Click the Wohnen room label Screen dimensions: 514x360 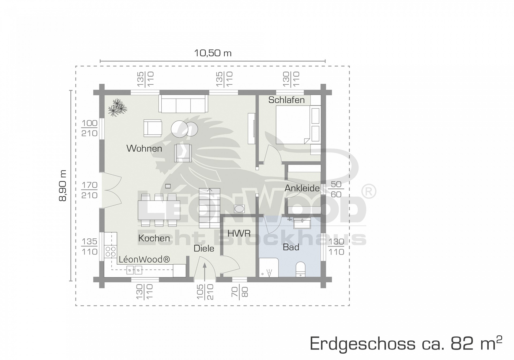pyautogui.click(x=144, y=148)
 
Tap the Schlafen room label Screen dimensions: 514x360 pyautogui.click(x=286, y=100)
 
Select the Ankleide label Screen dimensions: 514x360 pyautogui.click(x=302, y=188)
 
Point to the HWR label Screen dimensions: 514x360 pyautogui.click(x=239, y=233)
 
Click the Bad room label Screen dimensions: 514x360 pyautogui.click(x=291, y=247)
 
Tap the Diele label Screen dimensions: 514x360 pyautogui.click(x=204, y=248)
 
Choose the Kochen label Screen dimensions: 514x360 pyautogui.click(x=154, y=238)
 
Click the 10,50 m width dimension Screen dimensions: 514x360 pyautogui.click(x=213, y=53)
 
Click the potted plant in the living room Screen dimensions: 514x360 pyautogui.click(x=117, y=107)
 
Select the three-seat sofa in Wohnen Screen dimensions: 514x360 pyautogui.click(x=183, y=104)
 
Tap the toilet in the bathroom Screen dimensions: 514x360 pyautogui.click(x=301, y=269)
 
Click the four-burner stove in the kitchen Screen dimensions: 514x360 pyautogui.click(x=111, y=252)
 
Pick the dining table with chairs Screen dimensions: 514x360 pyautogui.click(x=159, y=210)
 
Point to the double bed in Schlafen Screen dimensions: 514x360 pyautogui.click(x=293, y=125)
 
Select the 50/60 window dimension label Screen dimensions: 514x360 pyautogui.click(x=336, y=189)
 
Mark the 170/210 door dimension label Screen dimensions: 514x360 pyautogui.click(x=89, y=190)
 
